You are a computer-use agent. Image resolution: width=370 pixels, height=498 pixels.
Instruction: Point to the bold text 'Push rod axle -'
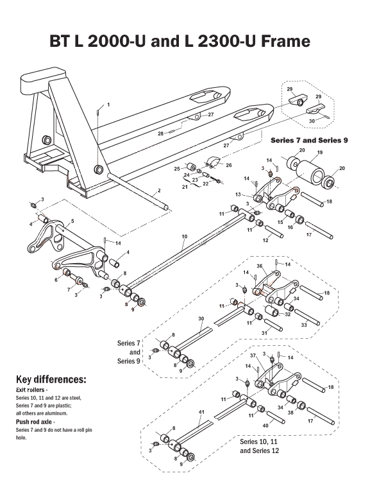pos(34,422)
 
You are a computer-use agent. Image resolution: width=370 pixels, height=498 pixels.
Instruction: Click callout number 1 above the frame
pos(108,104)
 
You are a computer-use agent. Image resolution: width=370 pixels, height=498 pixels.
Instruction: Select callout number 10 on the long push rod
pos(184,236)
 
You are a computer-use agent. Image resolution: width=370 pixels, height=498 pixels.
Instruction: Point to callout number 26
pos(229,165)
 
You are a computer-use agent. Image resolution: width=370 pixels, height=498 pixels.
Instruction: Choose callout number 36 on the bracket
pos(259,266)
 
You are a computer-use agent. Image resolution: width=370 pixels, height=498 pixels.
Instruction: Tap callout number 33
pos(303,326)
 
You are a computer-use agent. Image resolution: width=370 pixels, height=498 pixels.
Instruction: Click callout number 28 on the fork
pos(160,133)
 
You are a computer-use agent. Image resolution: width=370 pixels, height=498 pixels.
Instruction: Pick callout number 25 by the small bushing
pos(176,168)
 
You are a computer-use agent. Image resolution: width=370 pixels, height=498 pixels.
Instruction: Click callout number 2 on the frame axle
pos(158,192)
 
